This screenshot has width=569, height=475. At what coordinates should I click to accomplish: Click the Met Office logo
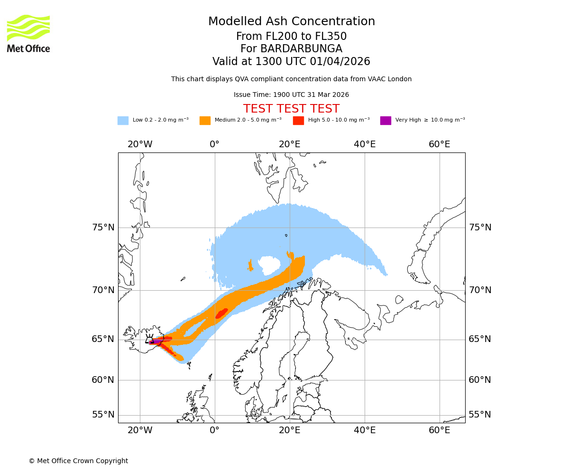coord(28,33)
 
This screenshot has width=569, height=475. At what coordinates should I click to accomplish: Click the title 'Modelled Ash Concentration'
coord(291,22)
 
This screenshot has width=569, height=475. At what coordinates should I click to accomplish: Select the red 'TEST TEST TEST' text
coord(291,109)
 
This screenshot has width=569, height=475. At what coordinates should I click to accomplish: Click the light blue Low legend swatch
coord(123,121)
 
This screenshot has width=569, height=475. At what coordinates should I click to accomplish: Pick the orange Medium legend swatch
coord(205,121)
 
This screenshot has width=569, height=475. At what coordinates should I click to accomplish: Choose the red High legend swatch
coord(298,121)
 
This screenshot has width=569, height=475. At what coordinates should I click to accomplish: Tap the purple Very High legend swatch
coord(385,121)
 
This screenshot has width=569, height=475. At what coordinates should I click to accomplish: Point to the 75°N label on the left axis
coord(103,228)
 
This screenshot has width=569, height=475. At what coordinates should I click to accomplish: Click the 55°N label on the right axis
coord(480,415)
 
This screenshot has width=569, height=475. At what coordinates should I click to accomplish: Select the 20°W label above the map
coord(140,144)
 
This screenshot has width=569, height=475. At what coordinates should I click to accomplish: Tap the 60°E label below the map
coord(440,430)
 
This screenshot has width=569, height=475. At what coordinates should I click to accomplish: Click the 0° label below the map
coord(215,430)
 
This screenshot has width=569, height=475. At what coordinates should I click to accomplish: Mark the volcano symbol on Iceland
coord(149,339)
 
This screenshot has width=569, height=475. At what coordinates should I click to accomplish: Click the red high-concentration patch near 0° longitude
coord(221,313)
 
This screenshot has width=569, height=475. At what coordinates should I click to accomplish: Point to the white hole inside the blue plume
coord(269,265)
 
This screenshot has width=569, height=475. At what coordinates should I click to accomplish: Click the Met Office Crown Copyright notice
coord(78,461)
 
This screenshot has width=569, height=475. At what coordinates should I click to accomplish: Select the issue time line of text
coord(291,95)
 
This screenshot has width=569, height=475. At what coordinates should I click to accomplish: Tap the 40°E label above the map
coord(365,144)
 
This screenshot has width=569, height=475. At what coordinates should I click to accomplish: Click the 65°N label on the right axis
coord(480,339)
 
